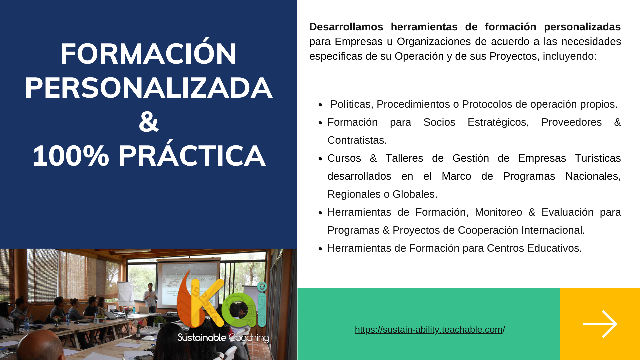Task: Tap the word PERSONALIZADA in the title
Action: pyautogui.click(x=149, y=88)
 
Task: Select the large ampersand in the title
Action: pyautogui.click(x=149, y=122)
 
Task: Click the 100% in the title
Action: pyautogui.click(x=71, y=156)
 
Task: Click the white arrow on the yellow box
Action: pyautogui.click(x=600, y=324)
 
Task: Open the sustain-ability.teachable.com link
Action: pyautogui.click(x=430, y=329)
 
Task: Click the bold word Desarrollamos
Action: pyautogui.click(x=346, y=27)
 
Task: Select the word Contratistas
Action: pyautogui.click(x=357, y=140)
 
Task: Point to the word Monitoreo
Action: pyautogui.click(x=498, y=212)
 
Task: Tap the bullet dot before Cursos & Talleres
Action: pyautogui.click(x=320, y=159)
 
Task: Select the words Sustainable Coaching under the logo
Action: pyautogui.click(x=223, y=338)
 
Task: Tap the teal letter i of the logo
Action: pyautogui.click(x=262, y=305)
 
